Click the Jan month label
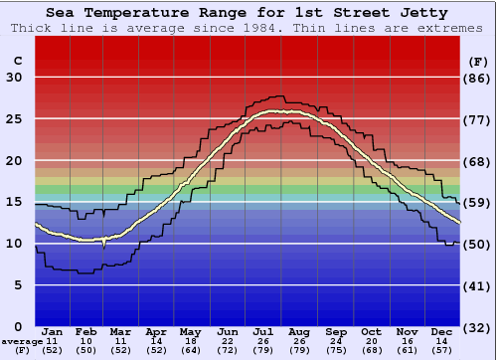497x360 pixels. coord(53,331)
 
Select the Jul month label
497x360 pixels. coord(263,331)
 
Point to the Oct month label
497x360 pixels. coord(371,331)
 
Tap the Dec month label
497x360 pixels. coord(442,331)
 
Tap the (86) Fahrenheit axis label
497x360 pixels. coord(479,78)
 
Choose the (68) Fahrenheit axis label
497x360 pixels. coord(479,161)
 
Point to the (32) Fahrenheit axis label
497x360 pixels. coord(479,326)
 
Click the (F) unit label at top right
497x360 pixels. coord(479,60)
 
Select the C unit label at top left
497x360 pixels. coord(17,60)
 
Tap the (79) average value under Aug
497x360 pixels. coord(298,350)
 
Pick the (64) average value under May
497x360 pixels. coord(190,350)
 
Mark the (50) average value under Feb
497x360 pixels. coord(86,350)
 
